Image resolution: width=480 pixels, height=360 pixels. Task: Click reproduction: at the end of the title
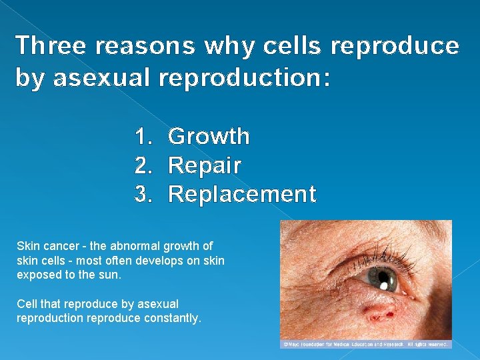[245, 78]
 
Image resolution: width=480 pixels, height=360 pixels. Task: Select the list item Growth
[209, 137]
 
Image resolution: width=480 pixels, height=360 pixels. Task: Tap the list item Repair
[205, 165]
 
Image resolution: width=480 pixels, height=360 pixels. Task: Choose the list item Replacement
[242, 194]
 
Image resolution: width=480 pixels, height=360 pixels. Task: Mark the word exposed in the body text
[37, 275]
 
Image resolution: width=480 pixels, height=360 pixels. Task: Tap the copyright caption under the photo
[366, 344]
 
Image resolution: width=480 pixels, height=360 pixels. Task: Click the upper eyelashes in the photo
[373, 257]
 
